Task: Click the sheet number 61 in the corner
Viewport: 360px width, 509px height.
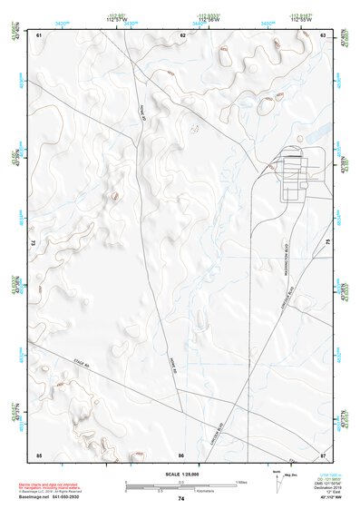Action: (x=39, y=35)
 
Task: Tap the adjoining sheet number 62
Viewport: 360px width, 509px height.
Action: (x=182, y=35)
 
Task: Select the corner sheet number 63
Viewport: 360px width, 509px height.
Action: (x=324, y=35)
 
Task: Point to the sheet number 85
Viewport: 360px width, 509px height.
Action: (x=39, y=454)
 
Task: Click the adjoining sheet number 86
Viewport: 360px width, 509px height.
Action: (x=181, y=454)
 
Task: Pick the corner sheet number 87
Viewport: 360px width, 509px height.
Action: (x=324, y=454)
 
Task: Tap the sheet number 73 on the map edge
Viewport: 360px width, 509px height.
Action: (x=34, y=243)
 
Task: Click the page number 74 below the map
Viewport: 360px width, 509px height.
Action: (x=181, y=499)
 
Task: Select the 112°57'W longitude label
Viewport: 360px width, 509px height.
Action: (x=116, y=21)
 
